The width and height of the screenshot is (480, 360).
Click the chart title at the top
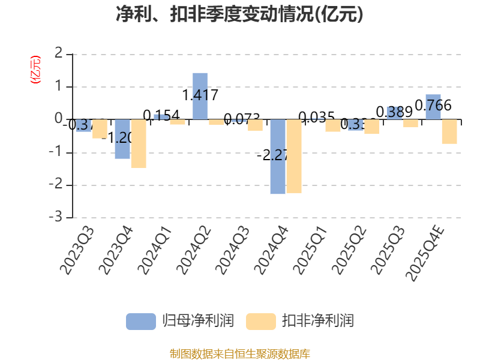[x=239, y=14]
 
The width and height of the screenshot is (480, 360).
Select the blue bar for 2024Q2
[x=200, y=96]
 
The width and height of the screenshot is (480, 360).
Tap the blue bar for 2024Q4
[x=277, y=157]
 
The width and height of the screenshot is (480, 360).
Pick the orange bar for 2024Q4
[x=294, y=156]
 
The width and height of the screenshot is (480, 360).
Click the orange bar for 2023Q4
[x=139, y=143]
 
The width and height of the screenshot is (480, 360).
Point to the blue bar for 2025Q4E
[x=433, y=107]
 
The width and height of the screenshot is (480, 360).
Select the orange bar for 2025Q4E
[x=449, y=131]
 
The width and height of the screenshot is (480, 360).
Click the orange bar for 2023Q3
[x=100, y=129]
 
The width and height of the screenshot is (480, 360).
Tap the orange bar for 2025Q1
[x=333, y=125]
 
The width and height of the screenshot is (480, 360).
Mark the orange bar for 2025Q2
[x=372, y=127]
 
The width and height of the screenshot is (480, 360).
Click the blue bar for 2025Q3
[x=394, y=113]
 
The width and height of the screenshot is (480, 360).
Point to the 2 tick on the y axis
[x=58, y=54]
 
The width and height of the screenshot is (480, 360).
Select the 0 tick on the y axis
[x=58, y=119]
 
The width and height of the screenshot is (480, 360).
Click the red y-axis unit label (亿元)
[x=35, y=69]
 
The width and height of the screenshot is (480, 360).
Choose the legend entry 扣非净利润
[x=301, y=321]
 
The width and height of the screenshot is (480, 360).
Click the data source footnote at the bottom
[x=239, y=353]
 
